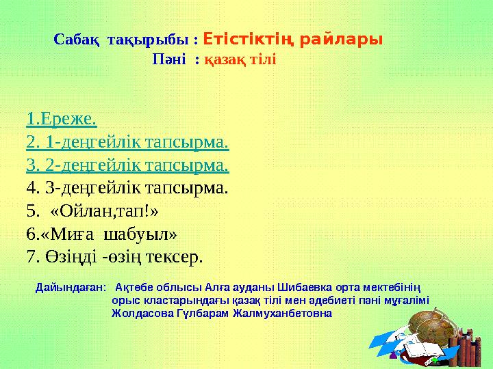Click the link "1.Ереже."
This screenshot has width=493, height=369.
pyautogui.click(x=61, y=120)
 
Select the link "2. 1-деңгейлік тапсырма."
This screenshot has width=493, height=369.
pyautogui.click(x=127, y=143)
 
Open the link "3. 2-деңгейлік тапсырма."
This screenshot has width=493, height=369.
pyautogui.click(x=127, y=165)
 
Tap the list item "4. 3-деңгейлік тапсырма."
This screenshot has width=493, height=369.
pyautogui.click(x=127, y=187)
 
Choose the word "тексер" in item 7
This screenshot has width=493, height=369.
pyautogui.click(x=175, y=257)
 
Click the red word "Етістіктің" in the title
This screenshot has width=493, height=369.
pyautogui.click(x=249, y=38)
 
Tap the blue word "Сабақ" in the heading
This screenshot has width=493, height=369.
pyautogui.click(x=76, y=40)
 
